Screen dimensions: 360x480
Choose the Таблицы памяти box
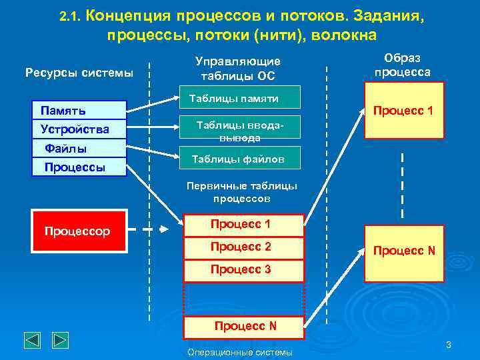(243, 99)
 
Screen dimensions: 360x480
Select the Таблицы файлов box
(243, 159)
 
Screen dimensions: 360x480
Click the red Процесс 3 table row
(243, 269)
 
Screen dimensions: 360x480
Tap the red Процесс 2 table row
(243, 247)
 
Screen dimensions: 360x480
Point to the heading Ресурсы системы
(79, 72)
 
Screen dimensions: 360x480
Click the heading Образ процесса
(402, 65)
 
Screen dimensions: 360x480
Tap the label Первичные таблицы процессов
(242, 192)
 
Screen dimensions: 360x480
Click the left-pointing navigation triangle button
(33, 340)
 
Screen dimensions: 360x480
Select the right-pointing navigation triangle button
(60, 340)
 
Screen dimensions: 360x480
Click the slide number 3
(449, 345)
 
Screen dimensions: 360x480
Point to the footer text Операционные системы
(240, 352)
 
